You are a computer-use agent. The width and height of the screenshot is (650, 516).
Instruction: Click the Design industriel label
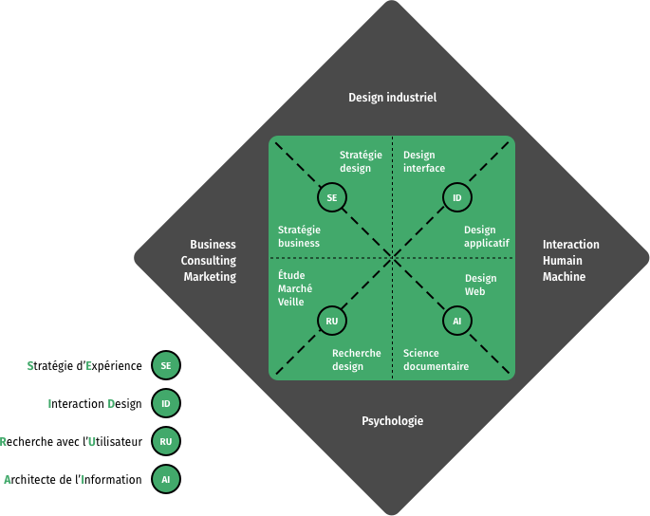(x=392, y=97)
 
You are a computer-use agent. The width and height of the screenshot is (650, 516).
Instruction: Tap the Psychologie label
(x=392, y=421)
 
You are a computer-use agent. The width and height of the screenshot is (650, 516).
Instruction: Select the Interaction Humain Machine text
(x=570, y=261)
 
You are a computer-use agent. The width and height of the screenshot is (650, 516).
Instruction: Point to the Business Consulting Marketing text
(x=210, y=261)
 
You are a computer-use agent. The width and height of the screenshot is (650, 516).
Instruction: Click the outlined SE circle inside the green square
(x=331, y=198)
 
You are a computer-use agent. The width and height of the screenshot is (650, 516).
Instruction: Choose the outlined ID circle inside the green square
(x=456, y=198)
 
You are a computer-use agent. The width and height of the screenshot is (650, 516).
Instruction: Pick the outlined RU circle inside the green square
(x=331, y=322)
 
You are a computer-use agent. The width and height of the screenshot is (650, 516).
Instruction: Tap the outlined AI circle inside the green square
(x=456, y=322)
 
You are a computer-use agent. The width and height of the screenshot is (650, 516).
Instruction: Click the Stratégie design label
(x=360, y=161)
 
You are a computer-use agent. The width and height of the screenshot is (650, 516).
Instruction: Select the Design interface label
(x=423, y=161)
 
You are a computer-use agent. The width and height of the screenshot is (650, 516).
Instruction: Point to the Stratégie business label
(x=299, y=236)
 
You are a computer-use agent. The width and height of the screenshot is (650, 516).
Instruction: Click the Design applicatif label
(x=486, y=236)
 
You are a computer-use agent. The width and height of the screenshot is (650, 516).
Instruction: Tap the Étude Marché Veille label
(x=296, y=288)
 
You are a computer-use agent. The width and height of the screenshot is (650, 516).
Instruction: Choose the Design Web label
(x=480, y=285)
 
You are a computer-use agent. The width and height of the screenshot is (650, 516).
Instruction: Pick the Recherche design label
(x=356, y=359)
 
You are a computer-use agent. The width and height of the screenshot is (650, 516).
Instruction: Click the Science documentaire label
(x=436, y=359)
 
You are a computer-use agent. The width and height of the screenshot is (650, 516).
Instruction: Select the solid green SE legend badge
(x=166, y=365)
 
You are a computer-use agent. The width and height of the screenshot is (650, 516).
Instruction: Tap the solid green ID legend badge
(x=166, y=404)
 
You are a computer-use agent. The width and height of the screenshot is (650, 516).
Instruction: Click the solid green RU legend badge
(x=166, y=441)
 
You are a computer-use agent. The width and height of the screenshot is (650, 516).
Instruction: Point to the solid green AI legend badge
(x=166, y=479)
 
